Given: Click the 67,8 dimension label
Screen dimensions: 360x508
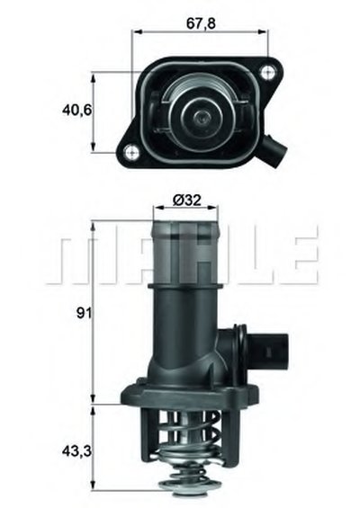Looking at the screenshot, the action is point(201,23).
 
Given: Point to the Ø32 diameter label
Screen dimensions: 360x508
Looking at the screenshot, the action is point(187,201).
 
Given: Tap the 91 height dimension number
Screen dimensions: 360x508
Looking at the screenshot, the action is point(85,313).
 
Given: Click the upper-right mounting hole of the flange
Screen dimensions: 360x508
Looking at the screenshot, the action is point(267,72).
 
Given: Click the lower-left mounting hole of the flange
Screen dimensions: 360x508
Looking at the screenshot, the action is point(131,151).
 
